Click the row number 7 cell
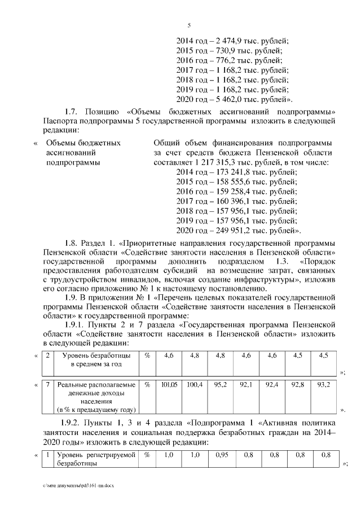pos(49,384)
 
